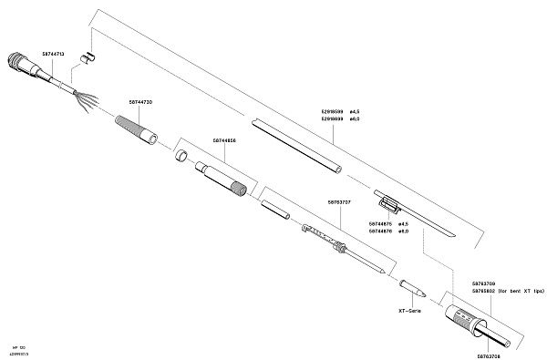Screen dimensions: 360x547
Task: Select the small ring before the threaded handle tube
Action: point(181,156)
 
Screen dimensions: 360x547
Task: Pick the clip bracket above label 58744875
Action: point(387,201)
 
